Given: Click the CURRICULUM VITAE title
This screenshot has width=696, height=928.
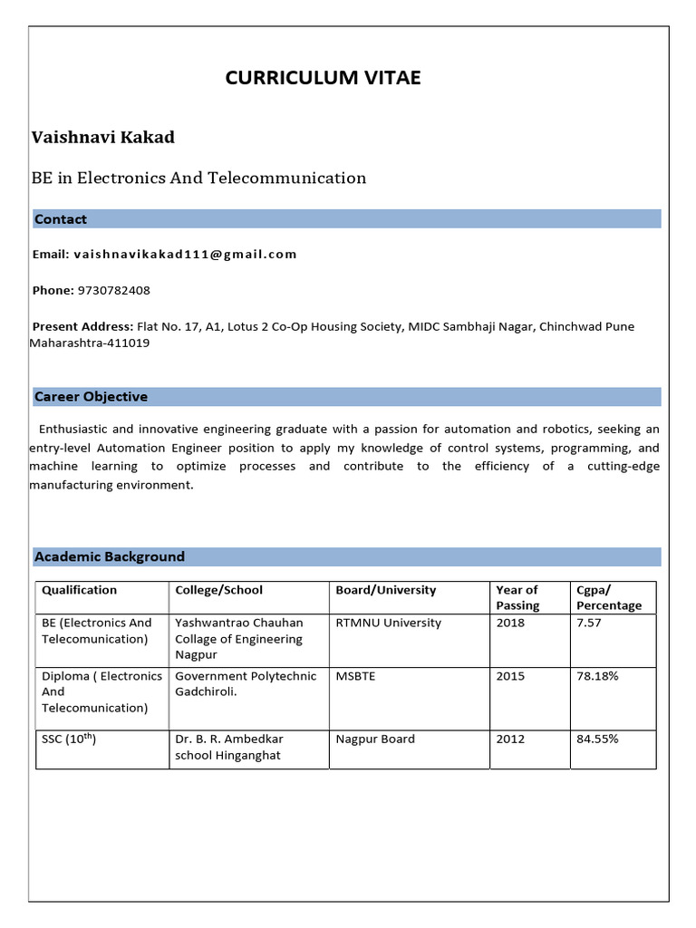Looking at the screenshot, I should (x=323, y=78).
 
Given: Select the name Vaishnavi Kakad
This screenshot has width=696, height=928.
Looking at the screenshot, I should (x=103, y=138).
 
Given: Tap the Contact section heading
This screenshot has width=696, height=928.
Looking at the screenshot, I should (x=61, y=219).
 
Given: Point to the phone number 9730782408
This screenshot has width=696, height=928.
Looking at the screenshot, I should (x=114, y=291).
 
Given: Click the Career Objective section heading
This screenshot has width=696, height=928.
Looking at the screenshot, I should (x=91, y=397).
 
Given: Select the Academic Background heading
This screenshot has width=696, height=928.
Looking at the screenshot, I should (x=109, y=556).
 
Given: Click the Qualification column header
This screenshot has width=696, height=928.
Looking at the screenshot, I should (x=80, y=590).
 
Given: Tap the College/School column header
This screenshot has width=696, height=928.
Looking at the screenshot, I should (x=218, y=590).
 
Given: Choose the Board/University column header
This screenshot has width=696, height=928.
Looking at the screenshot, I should (x=386, y=590).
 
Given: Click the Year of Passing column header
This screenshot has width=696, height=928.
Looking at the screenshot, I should (x=517, y=597).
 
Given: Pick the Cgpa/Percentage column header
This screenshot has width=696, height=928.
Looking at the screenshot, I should (x=608, y=597).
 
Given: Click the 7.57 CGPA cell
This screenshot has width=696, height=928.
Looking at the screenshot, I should (x=589, y=623).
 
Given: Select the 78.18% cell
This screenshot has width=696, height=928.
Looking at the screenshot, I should (x=597, y=676).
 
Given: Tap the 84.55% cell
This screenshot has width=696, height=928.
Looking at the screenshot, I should (x=597, y=739).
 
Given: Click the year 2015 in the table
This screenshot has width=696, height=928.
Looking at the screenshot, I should (x=510, y=676).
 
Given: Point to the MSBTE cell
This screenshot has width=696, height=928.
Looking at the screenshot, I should (x=357, y=676).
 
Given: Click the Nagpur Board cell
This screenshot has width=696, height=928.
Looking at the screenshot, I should (x=375, y=739).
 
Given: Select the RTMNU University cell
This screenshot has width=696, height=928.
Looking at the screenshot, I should (x=389, y=623).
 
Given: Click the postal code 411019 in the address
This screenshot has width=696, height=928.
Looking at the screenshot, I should (x=130, y=343).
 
